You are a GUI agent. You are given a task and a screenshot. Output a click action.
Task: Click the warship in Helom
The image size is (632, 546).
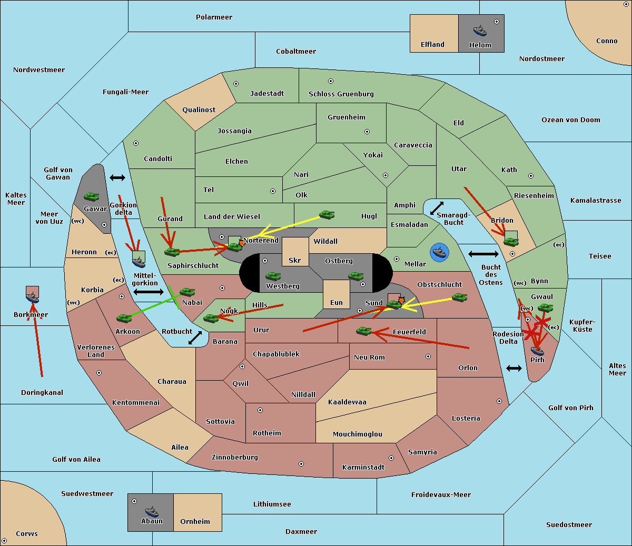click(480, 31)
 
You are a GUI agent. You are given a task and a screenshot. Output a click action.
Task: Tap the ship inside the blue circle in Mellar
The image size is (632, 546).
click(439, 252)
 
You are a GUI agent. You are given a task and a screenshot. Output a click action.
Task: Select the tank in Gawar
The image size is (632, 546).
click(91, 196)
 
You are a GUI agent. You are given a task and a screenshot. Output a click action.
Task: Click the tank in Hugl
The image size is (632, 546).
click(327, 215)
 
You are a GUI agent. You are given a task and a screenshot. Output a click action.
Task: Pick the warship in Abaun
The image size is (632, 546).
click(152, 511)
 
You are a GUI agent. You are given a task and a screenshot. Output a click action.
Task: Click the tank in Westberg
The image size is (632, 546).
click(273, 276)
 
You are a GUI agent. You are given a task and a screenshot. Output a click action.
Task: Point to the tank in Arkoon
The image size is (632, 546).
click(124, 319)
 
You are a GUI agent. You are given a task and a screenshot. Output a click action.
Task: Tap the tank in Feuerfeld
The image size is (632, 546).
click(363, 331)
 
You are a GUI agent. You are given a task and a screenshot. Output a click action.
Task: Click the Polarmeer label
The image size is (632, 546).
click(214, 17)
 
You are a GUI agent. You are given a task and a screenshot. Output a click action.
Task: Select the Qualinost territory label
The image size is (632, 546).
click(199, 110)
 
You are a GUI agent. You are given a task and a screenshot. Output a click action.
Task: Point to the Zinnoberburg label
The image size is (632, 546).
click(235, 458)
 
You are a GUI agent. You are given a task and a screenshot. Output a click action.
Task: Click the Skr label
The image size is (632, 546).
click(294, 260)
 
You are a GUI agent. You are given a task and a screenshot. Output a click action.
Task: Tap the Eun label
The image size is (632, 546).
click(337, 302)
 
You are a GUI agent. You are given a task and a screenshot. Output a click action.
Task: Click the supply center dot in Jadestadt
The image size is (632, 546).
click(236, 84)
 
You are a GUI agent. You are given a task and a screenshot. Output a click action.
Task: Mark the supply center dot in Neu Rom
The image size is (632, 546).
click(428, 356)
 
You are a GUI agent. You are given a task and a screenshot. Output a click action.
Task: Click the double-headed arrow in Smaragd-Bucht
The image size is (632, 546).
click(437, 208)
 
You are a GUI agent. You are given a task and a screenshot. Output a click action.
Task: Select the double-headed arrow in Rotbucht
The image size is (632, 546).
click(195, 337)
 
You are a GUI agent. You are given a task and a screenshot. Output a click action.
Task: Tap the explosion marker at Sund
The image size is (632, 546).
click(401, 300)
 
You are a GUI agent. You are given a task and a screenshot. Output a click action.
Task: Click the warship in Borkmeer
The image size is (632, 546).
click(32, 297)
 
